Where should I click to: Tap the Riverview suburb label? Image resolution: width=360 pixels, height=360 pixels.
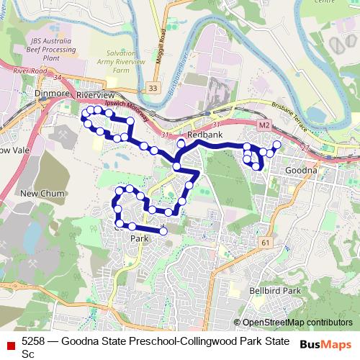tap(96, 95)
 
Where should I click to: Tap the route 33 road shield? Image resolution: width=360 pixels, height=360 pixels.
tap(151, 88)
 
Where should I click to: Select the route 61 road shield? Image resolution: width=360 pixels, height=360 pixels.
tap(266, 243)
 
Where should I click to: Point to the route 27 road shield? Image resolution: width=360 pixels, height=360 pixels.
tap(306, 148)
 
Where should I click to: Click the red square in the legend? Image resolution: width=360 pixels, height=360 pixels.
tap(10, 346)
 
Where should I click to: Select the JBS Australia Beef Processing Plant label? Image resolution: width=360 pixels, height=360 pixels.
tap(50, 46)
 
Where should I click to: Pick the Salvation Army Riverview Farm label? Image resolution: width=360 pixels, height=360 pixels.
tap(110, 63)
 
